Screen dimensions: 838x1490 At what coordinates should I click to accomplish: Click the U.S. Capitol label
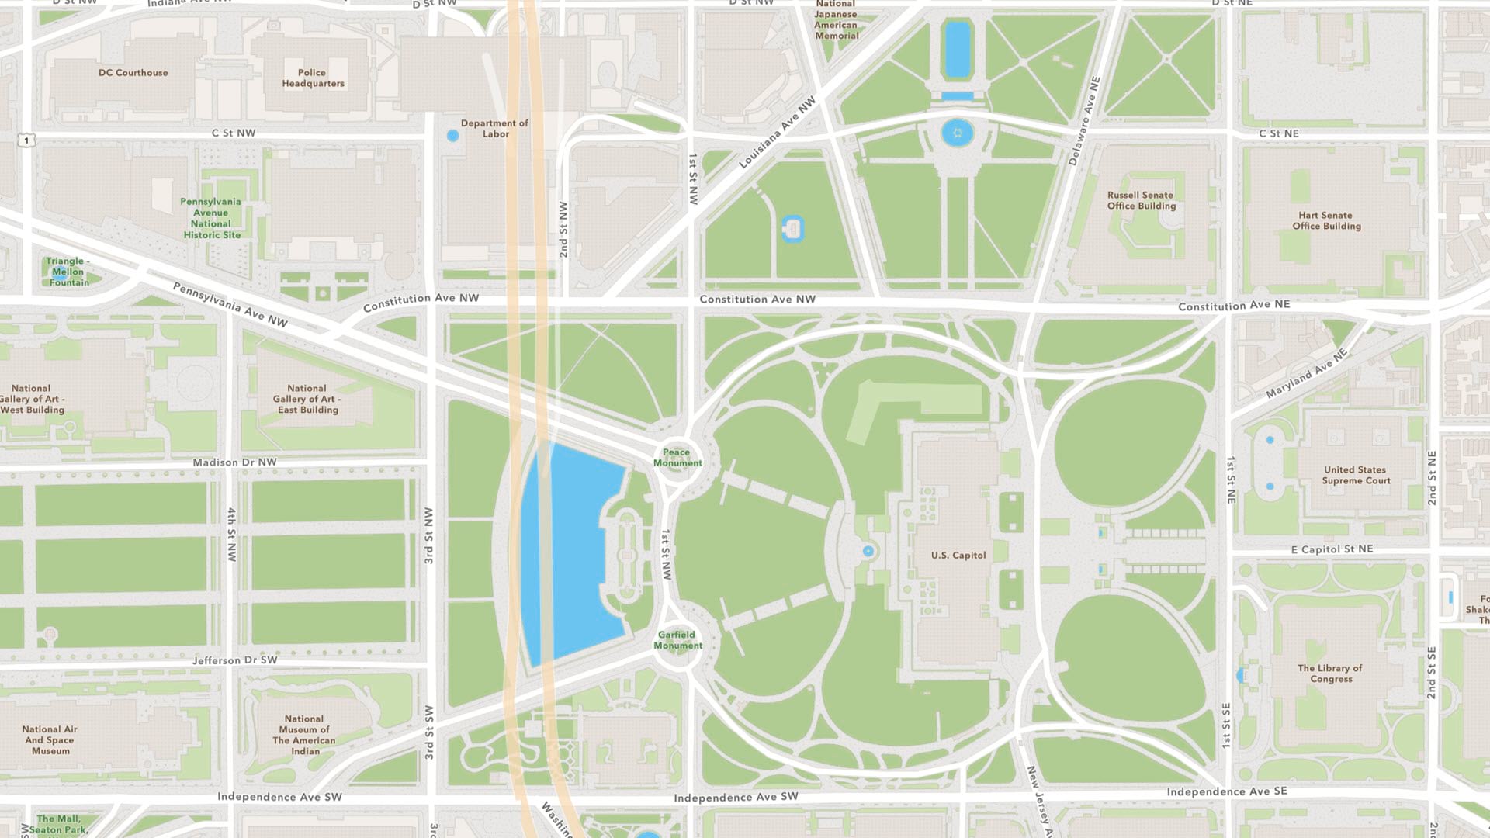(x=958, y=556)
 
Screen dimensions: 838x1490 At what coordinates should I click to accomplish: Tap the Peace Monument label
(x=677, y=458)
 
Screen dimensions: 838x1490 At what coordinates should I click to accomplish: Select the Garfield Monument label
(x=677, y=640)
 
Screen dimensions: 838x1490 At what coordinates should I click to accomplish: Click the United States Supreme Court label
(x=1356, y=475)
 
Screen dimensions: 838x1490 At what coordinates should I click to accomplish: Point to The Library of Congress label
(x=1330, y=674)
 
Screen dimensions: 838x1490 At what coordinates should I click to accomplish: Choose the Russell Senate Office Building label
(x=1141, y=200)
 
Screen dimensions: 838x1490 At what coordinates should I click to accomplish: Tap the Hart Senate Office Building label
(x=1325, y=221)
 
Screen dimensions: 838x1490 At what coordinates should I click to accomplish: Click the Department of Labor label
(x=494, y=129)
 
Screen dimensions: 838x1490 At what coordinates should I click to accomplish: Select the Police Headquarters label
(x=313, y=78)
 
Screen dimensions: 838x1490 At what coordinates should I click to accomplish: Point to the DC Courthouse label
(x=133, y=73)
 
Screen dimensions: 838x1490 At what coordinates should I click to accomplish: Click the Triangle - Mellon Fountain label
(x=68, y=272)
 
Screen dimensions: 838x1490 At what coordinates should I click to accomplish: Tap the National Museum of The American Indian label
(x=304, y=735)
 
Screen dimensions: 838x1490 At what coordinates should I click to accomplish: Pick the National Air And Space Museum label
(x=50, y=740)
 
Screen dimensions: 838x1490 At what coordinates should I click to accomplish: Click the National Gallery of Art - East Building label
(x=307, y=399)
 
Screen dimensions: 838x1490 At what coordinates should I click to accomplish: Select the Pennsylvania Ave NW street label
(x=230, y=304)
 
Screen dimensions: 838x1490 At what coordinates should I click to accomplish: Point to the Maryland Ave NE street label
(x=1306, y=374)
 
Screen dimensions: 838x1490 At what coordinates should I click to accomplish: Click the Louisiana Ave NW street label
(x=777, y=132)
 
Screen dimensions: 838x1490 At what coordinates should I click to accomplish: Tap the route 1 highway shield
(x=27, y=140)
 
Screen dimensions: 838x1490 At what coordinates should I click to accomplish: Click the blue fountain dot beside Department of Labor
(x=453, y=136)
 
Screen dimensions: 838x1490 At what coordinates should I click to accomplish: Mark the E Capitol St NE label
(x=1332, y=549)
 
